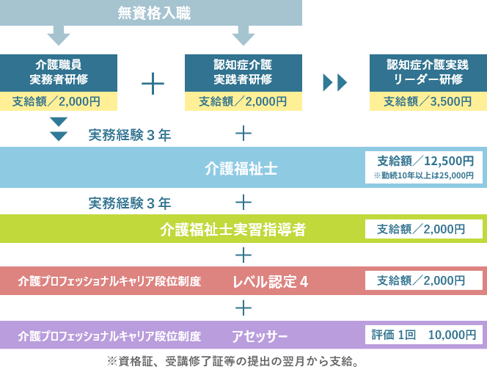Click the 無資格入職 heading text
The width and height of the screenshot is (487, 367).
[x=154, y=13]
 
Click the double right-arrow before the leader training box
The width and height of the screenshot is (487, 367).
[x=334, y=83]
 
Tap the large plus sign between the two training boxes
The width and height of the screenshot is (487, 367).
[x=153, y=84]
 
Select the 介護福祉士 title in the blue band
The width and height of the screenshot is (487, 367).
[x=241, y=169]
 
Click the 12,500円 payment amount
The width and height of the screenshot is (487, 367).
[x=449, y=161]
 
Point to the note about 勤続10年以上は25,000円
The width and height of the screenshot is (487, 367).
[x=424, y=175]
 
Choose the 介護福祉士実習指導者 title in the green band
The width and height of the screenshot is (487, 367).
[x=233, y=229]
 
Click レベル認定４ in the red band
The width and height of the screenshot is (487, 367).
[x=270, y=282]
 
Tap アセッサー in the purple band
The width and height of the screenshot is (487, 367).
[x=260, y=336]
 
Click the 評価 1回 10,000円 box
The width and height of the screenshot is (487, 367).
[x=424, y=335]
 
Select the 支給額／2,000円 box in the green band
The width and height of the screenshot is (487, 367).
[x=424, y=229]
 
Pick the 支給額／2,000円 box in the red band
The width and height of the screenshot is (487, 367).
[x=424, y=280]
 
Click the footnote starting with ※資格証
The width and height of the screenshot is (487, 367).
[x=232, y=361]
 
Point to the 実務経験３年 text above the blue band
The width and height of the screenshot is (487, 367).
[x=130, y=135]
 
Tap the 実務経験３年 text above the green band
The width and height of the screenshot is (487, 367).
[x=130, y=203]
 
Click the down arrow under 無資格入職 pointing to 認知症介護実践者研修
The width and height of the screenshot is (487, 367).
[x=243, y=35]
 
